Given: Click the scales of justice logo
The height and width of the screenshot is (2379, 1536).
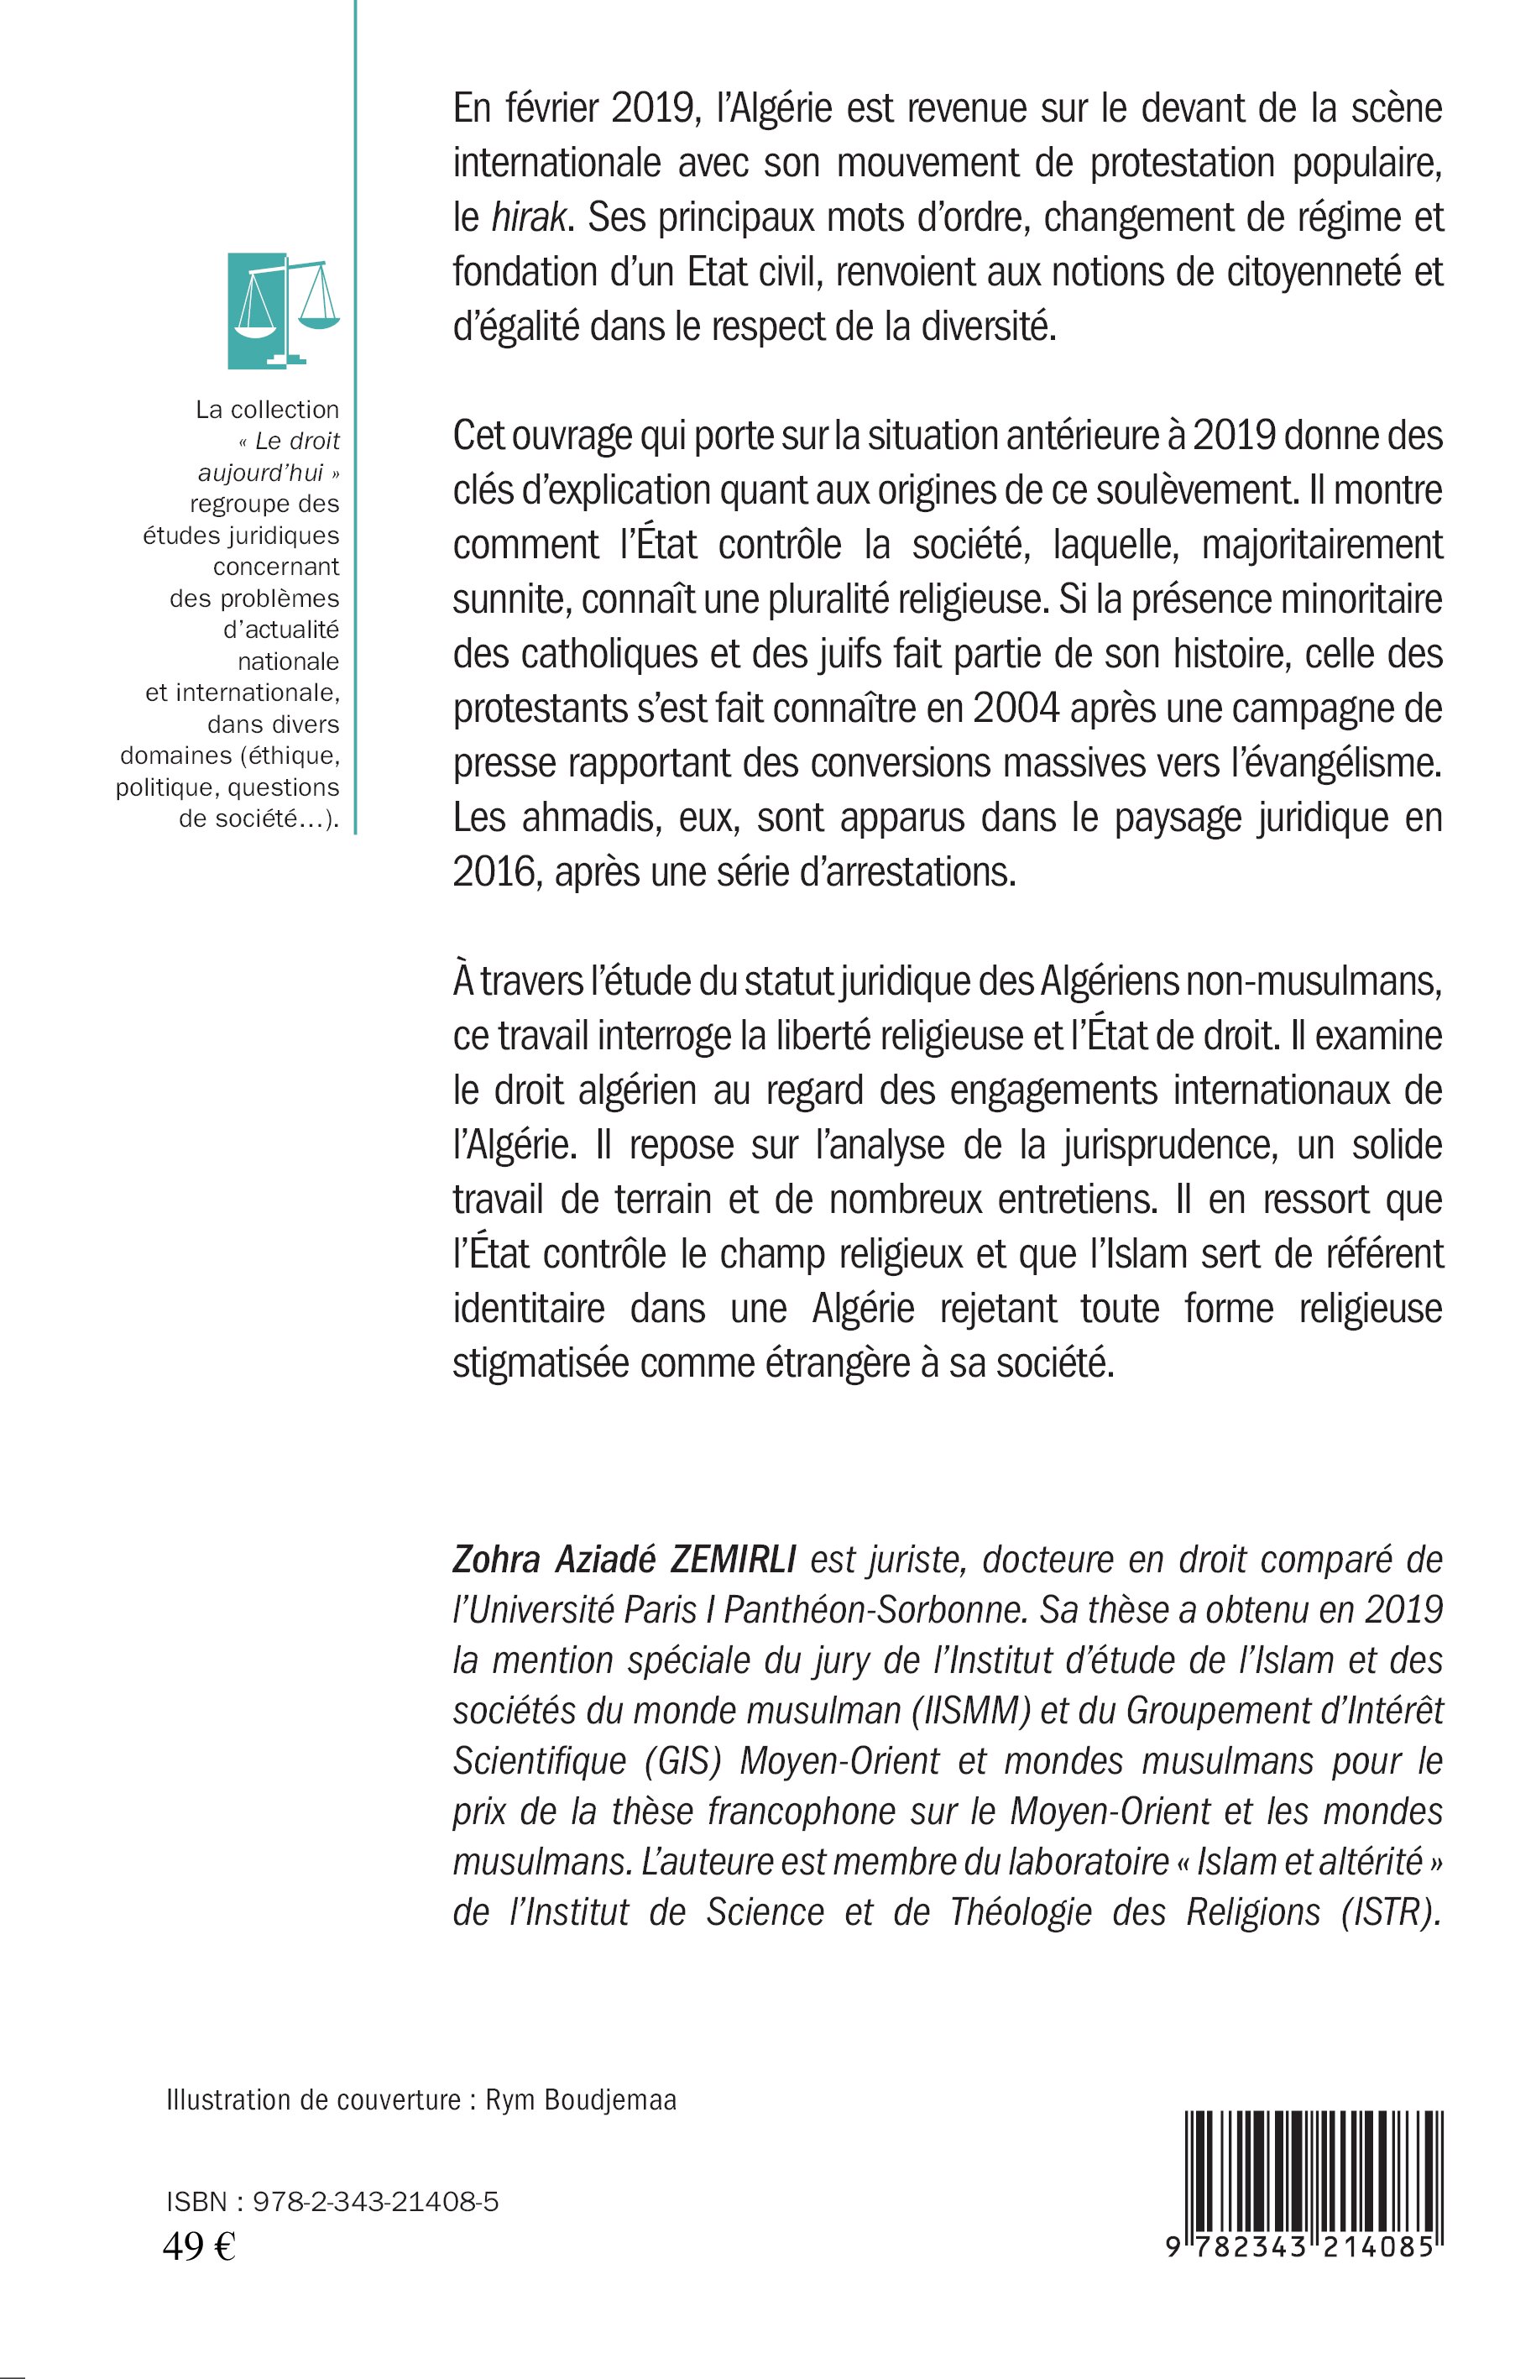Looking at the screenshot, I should pyautogui.click(x=285, y=311).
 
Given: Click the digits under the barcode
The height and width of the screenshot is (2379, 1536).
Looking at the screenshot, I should pyautogui.click(x=1301, y=2247).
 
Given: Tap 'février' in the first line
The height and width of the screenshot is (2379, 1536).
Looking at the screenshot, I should pyautogui.click(x=554, y=109).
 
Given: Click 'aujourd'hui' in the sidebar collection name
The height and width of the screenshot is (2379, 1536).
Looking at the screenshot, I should pyautogui.click(x=260, y=473).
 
